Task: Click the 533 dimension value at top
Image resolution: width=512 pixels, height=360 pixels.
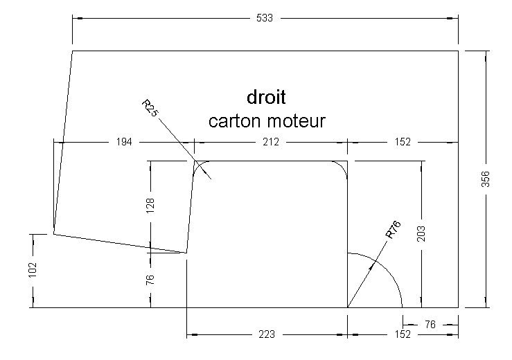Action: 265,18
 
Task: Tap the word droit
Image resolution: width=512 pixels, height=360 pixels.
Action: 267,97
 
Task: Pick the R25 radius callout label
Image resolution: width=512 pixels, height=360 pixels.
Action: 150,108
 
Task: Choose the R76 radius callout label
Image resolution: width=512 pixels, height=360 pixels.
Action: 393,229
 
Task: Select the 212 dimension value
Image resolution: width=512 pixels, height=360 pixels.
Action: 271,142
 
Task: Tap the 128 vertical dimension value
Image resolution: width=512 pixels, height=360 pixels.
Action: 150,207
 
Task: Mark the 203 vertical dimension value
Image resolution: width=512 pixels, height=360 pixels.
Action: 423,233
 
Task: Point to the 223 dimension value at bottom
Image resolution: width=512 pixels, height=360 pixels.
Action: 266,334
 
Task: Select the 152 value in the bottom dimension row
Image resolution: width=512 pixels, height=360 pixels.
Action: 402,334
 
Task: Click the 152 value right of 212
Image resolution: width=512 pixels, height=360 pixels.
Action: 402,142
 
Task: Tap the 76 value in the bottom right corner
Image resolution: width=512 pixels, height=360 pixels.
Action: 430,323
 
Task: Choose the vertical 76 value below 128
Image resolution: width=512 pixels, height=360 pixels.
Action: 150,280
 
